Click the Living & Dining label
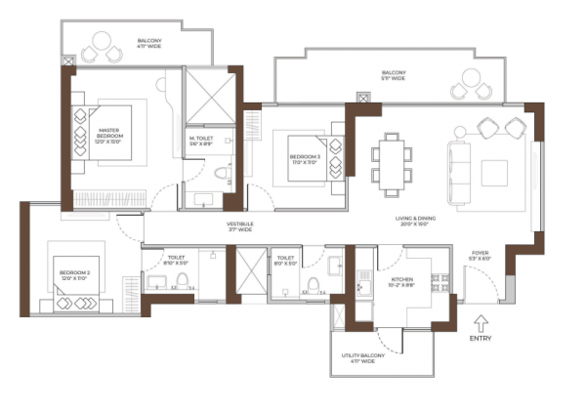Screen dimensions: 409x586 point(420,221)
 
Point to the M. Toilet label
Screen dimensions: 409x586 point(202,142)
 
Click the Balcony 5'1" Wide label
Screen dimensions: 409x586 point(393,75)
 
